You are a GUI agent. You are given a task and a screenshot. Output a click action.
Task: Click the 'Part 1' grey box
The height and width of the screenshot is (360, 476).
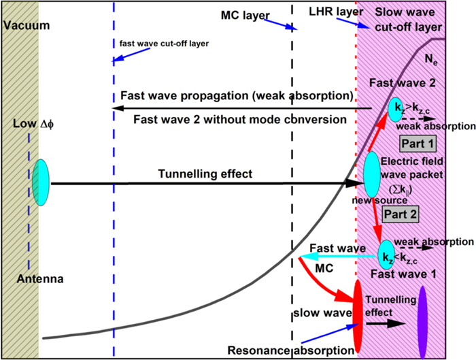[x=416, y=144]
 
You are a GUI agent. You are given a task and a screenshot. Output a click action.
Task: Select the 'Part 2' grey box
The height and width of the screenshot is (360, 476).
[x=401, y=214]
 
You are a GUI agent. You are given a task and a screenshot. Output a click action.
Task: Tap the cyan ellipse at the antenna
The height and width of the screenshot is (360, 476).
[x=40, y=182]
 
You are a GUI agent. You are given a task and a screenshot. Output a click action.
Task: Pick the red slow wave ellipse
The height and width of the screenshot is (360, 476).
[x=356, y=318]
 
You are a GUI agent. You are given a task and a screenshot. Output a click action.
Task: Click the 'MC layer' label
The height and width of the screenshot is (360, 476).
[x=245, y=14]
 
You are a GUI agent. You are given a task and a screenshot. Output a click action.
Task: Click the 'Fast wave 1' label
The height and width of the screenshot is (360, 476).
[x=399, y=273]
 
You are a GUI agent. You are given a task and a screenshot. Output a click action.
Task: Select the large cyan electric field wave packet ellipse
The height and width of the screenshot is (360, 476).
[x=372, y=173]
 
